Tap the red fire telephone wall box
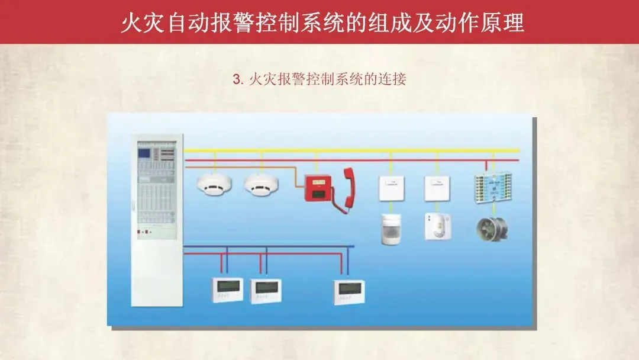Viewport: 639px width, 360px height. [318, 188]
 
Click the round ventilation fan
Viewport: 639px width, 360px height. [492, 229]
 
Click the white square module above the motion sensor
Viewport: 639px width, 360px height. [390, 188]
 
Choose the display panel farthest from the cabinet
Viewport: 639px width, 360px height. [348, 291]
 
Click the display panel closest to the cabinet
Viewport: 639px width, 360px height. [227, 290]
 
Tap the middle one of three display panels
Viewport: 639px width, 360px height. [265, 291]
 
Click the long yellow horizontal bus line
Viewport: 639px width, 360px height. [355, 151]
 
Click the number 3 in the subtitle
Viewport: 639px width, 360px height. [237, 79]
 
